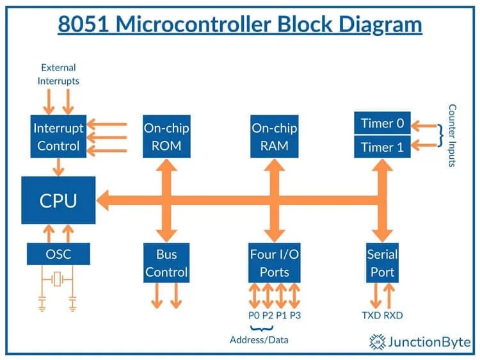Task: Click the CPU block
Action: [x=58, y=200]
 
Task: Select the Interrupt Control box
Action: [x=58, y=136]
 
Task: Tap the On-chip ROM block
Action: [x=166, y=136]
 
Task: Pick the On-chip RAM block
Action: [x=275, y=136]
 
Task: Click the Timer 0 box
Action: [x=382, y=123]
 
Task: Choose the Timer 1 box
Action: [x=382, y=147]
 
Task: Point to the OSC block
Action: [x=58, y=254]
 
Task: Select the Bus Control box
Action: [x=166, y=263]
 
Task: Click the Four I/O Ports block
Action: [x=275, y=263]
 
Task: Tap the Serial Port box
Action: [x=382, y=263]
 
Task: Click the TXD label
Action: [x=371, y=315]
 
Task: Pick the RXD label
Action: [x=393, y=315]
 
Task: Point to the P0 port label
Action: [x=254, y=315]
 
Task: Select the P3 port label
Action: [x=296, y=315]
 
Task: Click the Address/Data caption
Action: [x=259, y=340]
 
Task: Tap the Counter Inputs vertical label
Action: [x=452, y=135]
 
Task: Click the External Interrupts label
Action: [x=58, y=74]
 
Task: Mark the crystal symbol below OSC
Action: [x=57, y=279]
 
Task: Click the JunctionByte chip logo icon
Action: [x=377, y=341]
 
